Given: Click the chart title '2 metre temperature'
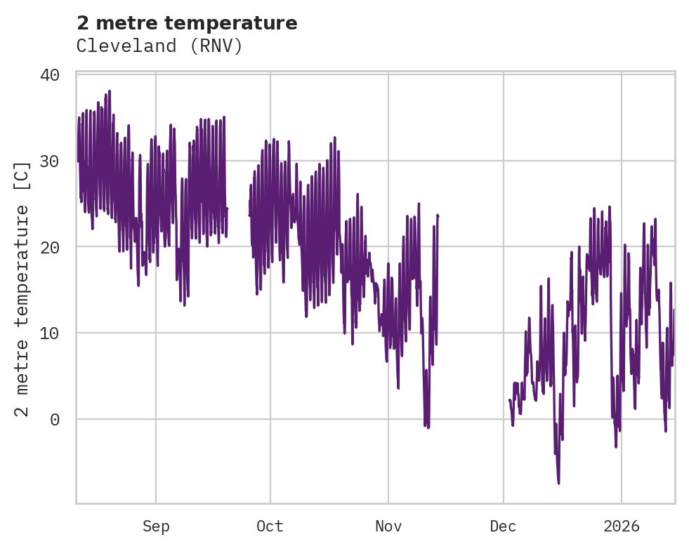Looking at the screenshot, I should (187, 23).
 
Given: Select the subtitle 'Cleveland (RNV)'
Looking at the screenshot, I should (159, 46).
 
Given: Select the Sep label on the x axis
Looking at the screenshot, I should (156, 527).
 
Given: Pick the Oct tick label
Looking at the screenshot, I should (270, 527).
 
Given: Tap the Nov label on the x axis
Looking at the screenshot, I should (388, 527).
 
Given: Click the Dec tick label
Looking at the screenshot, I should (504, 527).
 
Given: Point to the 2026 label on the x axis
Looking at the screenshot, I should (622, 527).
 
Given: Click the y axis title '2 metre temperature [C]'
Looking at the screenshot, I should (22, 289).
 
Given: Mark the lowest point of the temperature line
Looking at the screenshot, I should (559, 483).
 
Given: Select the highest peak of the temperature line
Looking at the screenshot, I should (110, 91).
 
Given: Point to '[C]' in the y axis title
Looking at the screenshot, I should (22, 174).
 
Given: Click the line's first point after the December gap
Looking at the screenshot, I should (509, 400).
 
